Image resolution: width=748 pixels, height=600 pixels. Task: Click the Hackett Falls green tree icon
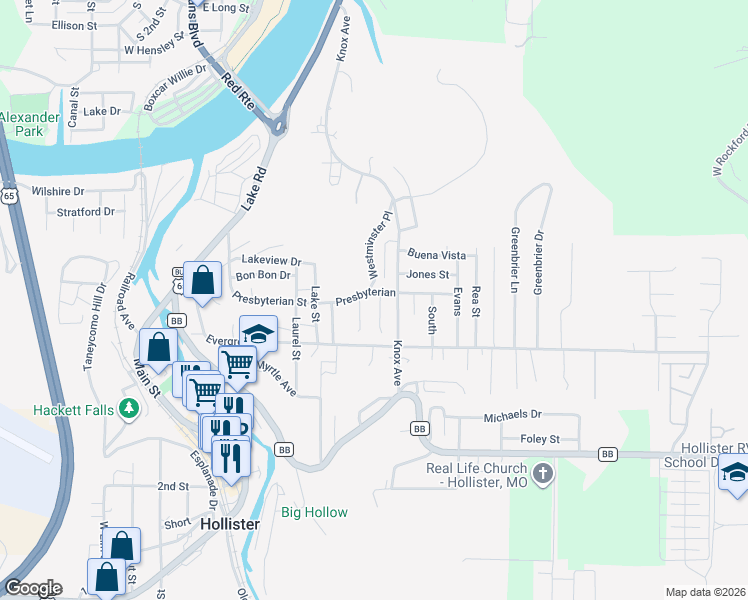tap(128, 408)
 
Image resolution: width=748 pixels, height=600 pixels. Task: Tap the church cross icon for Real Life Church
tap(542, 472)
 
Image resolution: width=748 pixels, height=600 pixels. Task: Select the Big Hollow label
tap(314, 513)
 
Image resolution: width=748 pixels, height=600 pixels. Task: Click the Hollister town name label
tap(230, 524)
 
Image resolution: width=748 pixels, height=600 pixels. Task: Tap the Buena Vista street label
tap(437, 255)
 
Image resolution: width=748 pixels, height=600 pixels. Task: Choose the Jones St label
tap(430, 275)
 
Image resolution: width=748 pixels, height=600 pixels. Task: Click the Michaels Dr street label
tap(512, 414)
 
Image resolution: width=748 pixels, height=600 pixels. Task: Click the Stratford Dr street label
tap(86, 212)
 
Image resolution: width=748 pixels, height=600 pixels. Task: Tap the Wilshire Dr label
tap(58, 191)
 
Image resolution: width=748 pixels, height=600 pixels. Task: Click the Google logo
tap(33, 588)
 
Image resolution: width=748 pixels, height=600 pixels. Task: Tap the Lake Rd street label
tap(256, 187)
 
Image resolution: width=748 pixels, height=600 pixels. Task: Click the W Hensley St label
tap(156, 48)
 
